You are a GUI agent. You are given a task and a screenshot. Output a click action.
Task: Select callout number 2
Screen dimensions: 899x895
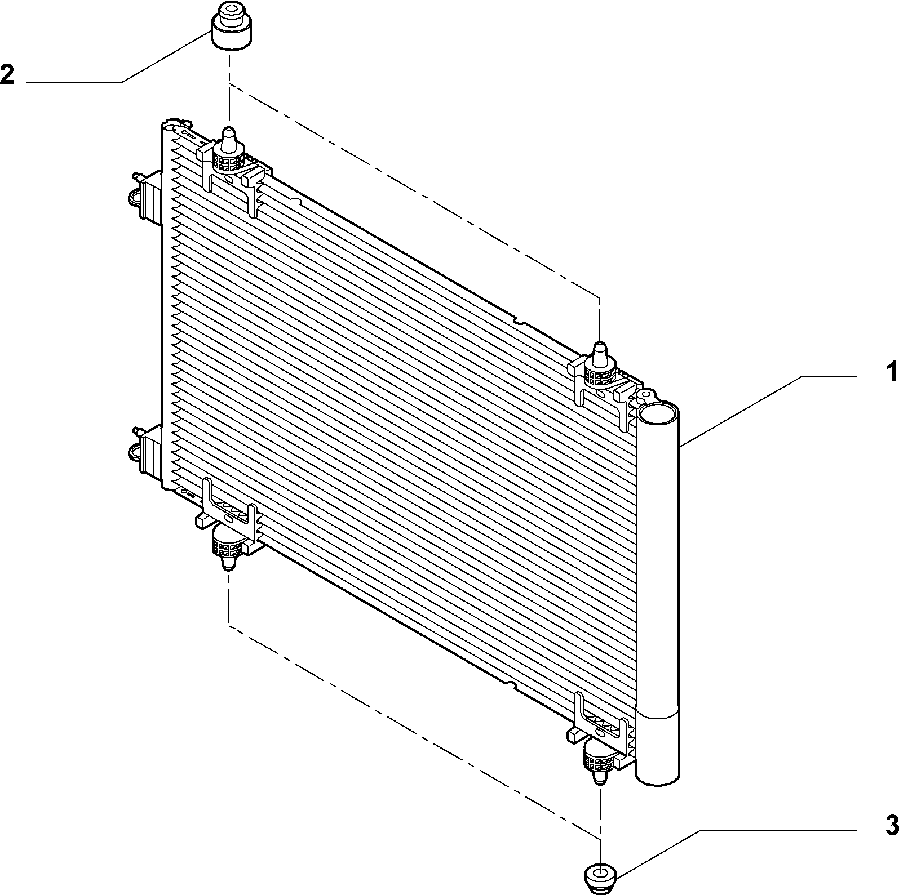[7, 74]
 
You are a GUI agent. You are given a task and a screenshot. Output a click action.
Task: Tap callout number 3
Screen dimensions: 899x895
[891, 826]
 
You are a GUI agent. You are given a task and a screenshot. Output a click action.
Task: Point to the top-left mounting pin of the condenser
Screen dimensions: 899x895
[230, 139]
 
